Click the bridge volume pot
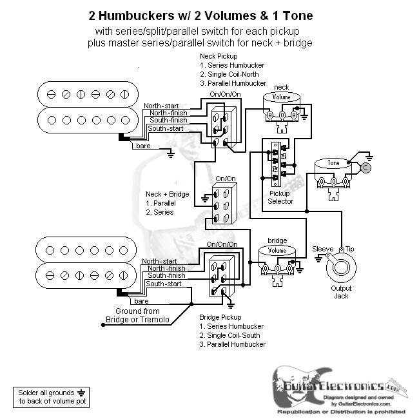point(277,255)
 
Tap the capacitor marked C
point(365,168)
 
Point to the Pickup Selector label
point(280,197)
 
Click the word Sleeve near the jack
point(322,249)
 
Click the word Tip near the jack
point(350,249)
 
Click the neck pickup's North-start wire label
point(161,106)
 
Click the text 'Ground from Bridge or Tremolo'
point(137,316)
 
